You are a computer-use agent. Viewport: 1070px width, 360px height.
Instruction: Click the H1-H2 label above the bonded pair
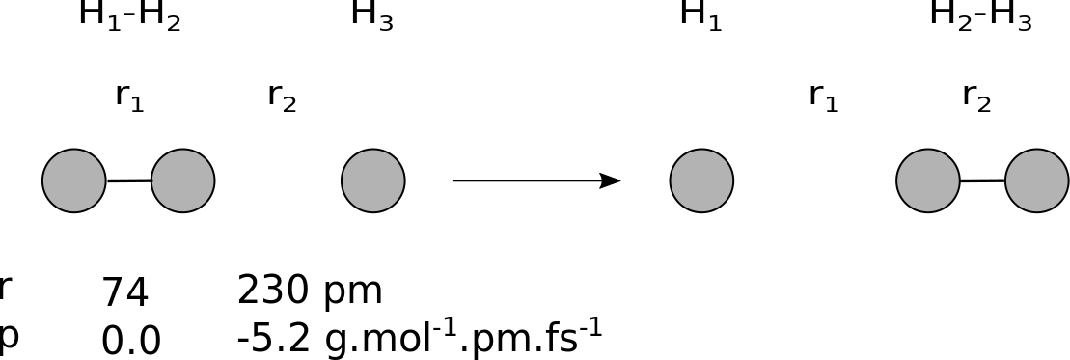pos(129,15)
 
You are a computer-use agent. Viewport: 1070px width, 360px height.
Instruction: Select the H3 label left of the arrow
pos(371,15)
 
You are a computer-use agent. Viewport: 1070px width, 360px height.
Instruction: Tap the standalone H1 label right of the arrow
pos(700,15)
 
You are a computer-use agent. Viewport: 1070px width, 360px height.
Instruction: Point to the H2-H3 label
pos(980,15)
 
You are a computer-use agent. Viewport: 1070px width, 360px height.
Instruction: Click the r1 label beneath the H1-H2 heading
pos(129,97)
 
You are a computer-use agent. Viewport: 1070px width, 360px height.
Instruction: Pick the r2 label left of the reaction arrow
pos(282,97)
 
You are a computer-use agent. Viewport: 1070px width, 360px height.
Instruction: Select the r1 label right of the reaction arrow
pos(824,97)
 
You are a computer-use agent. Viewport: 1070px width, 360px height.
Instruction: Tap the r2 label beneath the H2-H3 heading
pos(976,97)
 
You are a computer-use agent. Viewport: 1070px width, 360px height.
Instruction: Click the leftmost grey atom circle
pos(73,180)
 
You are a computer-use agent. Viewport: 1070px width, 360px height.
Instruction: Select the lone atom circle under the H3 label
pos(373,180)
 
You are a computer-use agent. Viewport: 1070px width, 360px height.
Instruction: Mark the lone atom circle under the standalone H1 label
pos(701,180)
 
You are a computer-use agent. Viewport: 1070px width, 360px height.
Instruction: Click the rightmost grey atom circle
pos(1036,180)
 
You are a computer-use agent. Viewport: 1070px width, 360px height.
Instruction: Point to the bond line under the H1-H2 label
pos(129,181)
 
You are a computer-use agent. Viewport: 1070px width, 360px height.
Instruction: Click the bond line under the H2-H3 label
pos(982,180)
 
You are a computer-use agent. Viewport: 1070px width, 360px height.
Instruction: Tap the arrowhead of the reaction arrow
pos(610,180)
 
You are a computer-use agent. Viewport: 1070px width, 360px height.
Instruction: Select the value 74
pos(124,292)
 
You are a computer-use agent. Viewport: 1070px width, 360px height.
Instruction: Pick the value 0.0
pos(131,340)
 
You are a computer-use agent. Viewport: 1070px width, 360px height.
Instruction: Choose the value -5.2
pos(274,338)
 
